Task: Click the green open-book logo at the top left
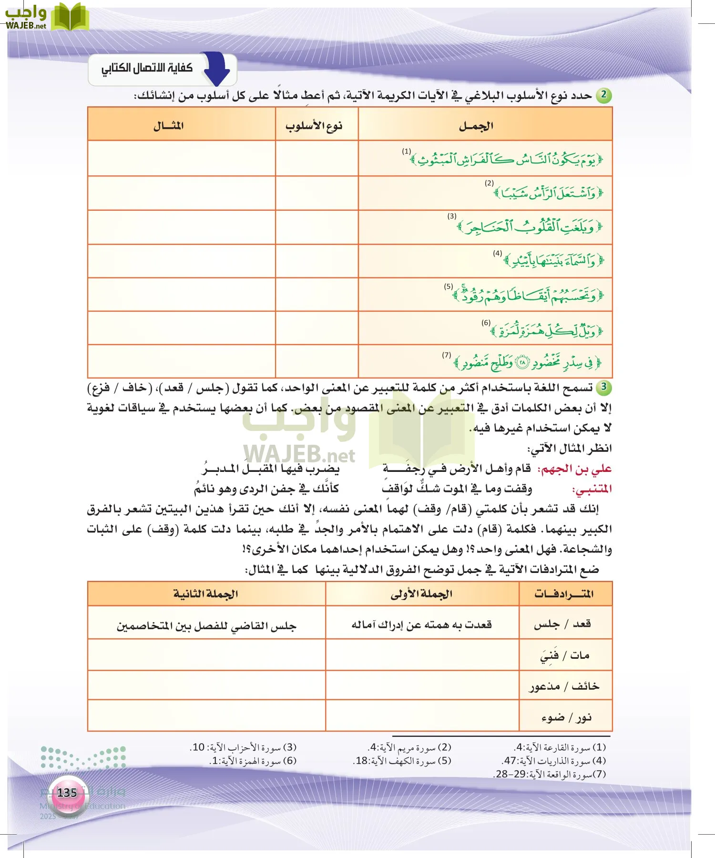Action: pos(70,17)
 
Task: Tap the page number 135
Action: pos(67,793)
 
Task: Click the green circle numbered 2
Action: pos(603,94)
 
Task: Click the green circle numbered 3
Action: pos(603,387)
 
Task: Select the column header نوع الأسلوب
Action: pos(314,126)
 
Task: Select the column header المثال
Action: pos(168,126)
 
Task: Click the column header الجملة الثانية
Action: pos(205,594)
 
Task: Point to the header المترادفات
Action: pos(564,594)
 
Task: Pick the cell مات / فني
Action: pos(564,656)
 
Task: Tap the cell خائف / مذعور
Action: pos(564,686)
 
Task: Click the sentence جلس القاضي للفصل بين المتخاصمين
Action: pos(206,625)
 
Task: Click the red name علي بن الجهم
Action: pos(574,469)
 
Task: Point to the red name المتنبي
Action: pos(592,490)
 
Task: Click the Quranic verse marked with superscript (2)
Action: pos(548,193)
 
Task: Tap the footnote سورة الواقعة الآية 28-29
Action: pos(549,774)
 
